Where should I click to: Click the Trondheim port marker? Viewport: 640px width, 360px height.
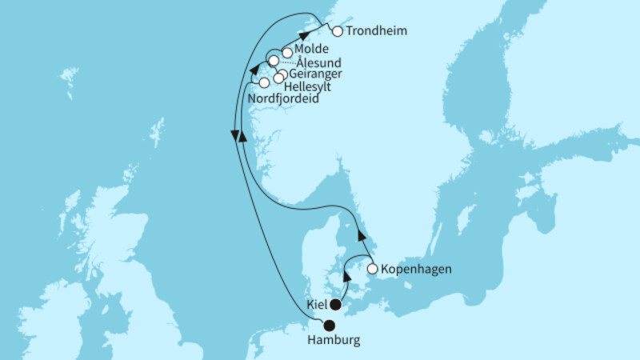pos(337,32)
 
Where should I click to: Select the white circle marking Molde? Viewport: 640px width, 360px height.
pos(287,51)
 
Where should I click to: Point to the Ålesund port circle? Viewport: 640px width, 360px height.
pos(274,62)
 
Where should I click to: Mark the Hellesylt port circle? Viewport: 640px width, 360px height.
pos(278,78)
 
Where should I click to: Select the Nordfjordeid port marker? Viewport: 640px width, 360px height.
pos(264,83)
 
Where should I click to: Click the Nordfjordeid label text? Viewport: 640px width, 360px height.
pos(284,98)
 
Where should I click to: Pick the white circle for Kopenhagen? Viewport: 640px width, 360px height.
pos(372,270)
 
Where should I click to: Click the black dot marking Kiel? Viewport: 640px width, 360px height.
pos(336,305)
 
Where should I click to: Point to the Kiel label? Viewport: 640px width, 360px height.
pos(318,305)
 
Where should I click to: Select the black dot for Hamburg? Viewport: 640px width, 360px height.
pos(328,325)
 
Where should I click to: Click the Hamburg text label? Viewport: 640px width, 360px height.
pos(334,340)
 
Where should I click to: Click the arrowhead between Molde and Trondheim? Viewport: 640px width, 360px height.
pos(305,36)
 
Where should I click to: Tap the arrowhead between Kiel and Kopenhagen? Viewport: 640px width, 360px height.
pos(347,275)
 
